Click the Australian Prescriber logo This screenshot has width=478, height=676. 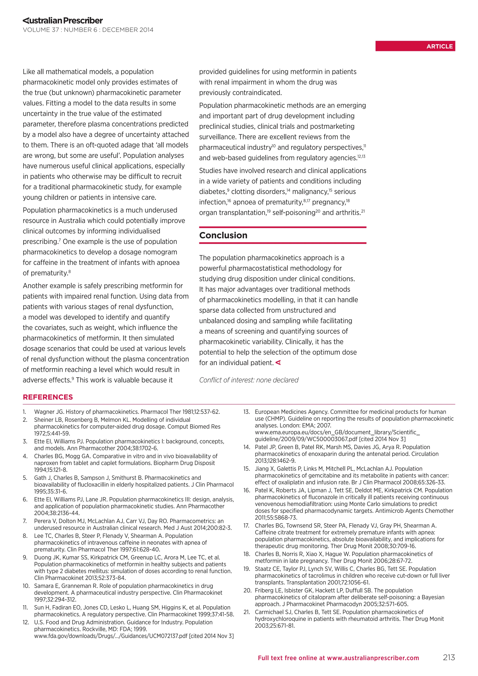tap(63, 21)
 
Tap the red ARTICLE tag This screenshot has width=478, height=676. tap(415, 46)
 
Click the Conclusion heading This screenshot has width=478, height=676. tap(223, 235)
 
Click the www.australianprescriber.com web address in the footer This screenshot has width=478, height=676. tap(373, 658)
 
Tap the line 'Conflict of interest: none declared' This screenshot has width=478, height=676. tap(249, 380)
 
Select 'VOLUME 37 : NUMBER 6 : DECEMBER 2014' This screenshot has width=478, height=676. tap(88, 30)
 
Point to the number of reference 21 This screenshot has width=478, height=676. tap(247, 612)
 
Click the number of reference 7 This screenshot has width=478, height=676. tap(25, 521)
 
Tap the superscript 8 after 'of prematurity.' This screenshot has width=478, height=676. tap(70, 271)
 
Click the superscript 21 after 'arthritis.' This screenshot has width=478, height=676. tap(363, 211)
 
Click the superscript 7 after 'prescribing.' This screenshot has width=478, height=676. tap(60, 240)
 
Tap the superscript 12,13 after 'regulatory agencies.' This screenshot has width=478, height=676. tap(362, 156)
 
